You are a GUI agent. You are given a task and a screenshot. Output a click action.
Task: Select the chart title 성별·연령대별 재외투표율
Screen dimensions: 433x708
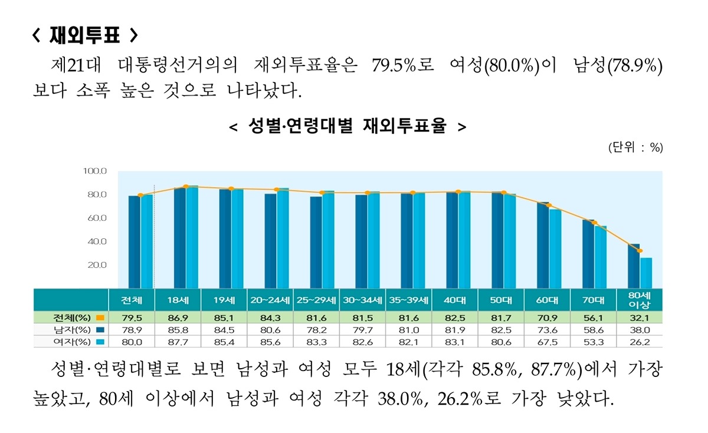[x=347, y=126]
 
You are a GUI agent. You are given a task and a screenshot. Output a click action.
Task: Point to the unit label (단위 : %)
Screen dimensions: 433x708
[x=635, y=148]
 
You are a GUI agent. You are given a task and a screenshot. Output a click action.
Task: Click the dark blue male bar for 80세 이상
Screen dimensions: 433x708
[x=634, y=265]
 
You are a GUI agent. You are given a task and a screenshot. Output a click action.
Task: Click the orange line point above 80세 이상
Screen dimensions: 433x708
[x=640, y=251]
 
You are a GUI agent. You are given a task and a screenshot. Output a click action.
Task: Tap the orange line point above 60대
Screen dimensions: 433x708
[x=549, y=205]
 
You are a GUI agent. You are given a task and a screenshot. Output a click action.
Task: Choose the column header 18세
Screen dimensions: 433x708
[x=178, y=300]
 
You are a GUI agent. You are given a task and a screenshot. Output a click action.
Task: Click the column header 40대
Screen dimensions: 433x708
[x=454, y=300]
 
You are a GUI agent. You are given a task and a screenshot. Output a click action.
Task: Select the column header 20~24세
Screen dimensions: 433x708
[x=270, y=300]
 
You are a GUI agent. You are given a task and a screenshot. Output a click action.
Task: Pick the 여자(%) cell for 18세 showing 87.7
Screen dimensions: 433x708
[x=178, y=342]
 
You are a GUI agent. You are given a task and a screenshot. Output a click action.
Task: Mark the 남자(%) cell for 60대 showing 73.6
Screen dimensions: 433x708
[x=547, y=330]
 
